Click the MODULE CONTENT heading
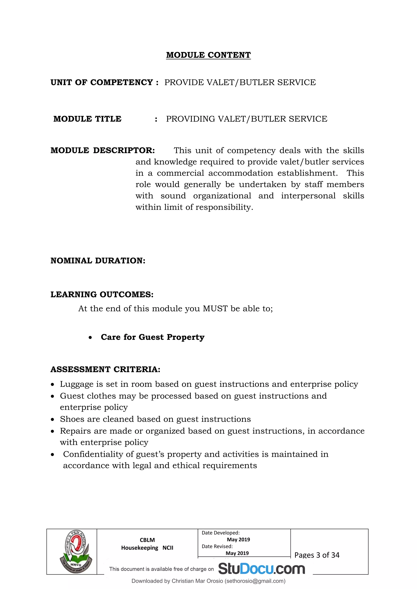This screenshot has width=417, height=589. [x=208, y=55]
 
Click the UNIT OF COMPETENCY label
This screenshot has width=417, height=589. [x=104, y=82]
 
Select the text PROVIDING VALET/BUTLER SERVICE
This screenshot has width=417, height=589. [x=247, y=119]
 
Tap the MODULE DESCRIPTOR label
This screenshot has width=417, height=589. [x=103, y=150]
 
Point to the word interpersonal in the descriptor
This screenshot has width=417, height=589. [x=308, y=196]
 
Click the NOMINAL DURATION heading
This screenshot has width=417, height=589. [x=98, y=261]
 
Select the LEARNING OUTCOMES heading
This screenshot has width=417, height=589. [x=102, y=295]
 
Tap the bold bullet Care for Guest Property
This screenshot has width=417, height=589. [x=153, y=337]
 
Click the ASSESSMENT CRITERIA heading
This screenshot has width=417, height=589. [x=105, y=369]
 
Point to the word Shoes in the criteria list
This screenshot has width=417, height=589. [x=72, y=419]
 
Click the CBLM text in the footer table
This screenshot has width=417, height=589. [x=147, y=540]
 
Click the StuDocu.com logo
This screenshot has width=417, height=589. [x=261, y=569]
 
